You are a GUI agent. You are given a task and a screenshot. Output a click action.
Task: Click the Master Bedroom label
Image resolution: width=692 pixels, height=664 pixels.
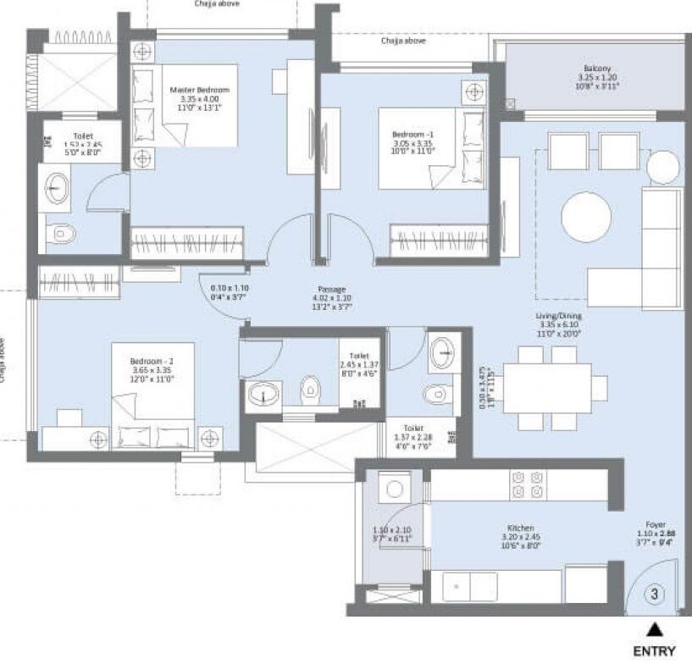(199, 91)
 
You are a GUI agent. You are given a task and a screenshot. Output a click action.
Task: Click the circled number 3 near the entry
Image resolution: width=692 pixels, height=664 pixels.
(653, 595)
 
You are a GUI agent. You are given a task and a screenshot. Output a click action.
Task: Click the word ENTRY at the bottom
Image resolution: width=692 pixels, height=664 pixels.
(654, 651)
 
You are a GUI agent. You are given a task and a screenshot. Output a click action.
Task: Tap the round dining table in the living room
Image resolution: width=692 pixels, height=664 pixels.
(586, 216)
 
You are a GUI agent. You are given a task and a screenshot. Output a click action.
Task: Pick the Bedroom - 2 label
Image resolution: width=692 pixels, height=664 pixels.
(152, 360)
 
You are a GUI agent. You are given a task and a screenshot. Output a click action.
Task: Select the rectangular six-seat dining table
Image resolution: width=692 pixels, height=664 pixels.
(548, 387)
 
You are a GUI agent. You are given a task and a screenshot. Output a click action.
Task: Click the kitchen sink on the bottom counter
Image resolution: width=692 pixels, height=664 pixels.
(469, 587)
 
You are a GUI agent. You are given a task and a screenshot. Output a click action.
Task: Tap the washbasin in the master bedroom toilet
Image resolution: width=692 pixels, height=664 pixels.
(57, 188)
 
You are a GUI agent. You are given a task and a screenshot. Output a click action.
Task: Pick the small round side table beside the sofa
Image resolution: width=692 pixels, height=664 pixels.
(663, 168)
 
